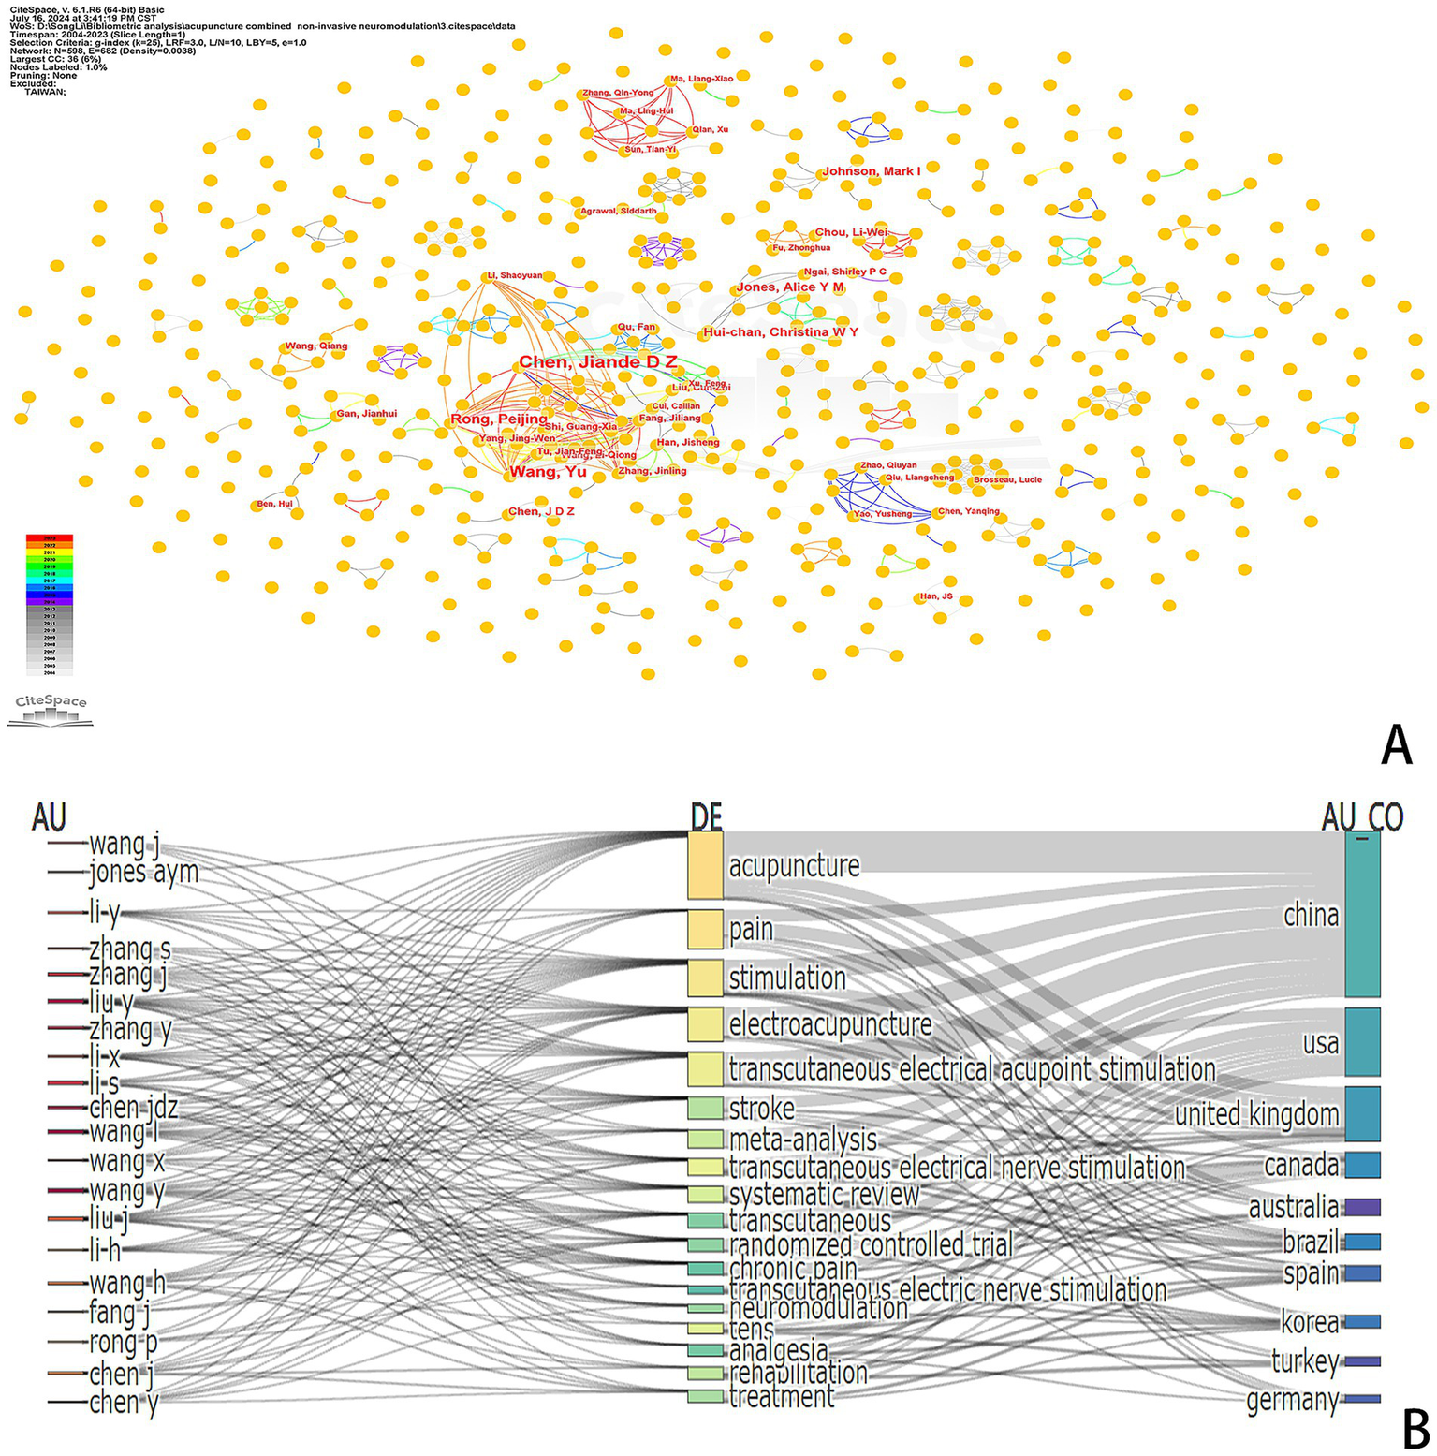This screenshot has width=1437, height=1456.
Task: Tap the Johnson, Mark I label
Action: click(871, 171)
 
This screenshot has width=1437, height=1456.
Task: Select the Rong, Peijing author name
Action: click(499, 419)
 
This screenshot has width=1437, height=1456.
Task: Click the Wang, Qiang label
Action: click(316, 346)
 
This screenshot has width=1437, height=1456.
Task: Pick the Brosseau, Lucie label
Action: click(1007, 479)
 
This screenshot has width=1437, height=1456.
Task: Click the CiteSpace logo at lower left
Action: click(51, 710)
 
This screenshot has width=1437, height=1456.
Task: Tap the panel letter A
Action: click(1396, 746)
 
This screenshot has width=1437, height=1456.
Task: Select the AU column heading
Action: click(49, 816)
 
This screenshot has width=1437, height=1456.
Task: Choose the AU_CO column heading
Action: click(1362, 817)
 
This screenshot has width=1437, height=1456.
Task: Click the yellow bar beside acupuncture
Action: click(705, 864)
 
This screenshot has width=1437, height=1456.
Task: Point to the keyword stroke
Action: click(761, 1109)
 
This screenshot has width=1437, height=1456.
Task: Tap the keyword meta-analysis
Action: click(802, 1140)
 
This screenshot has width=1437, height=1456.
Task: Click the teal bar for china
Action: click(1362, 914)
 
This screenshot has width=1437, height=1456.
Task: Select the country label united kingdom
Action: click(1256, 1114)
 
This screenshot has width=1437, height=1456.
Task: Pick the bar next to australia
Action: click(1362, 1207)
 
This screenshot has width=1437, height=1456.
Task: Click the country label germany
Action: click(1292, 1401)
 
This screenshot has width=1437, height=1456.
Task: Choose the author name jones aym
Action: click(143, 873)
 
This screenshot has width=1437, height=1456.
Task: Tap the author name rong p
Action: click(124, 1343)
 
